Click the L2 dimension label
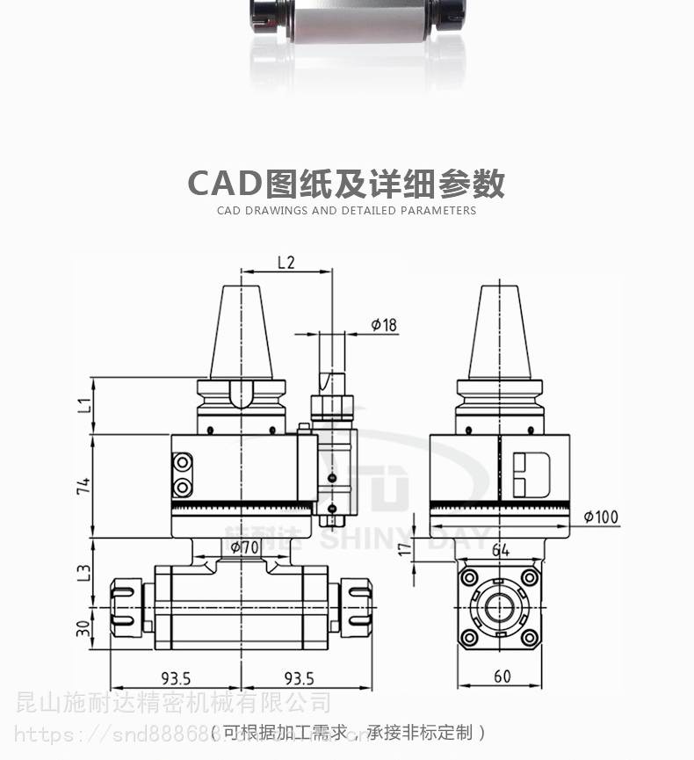[x=286, y=262]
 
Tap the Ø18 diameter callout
[x=384, y=325]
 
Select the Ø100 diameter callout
[x=600, y=518]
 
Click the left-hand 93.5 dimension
[x=176, y=678]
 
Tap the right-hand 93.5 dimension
[x=299, y=678]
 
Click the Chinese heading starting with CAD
[x=346, y=185]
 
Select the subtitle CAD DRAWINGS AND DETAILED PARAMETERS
[x=346, y=211]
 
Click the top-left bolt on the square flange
[x=469, y=577]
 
